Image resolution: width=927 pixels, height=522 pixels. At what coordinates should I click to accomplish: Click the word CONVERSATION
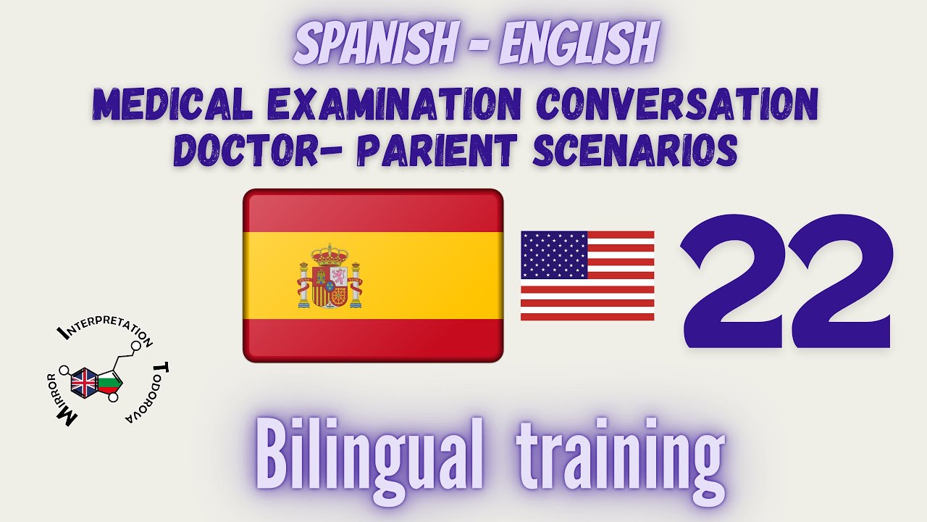pos(677,106)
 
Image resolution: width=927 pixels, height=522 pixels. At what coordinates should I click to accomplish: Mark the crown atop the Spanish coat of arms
pos(330,254)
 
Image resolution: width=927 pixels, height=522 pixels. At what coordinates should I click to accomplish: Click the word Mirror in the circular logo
pos(62,399)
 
